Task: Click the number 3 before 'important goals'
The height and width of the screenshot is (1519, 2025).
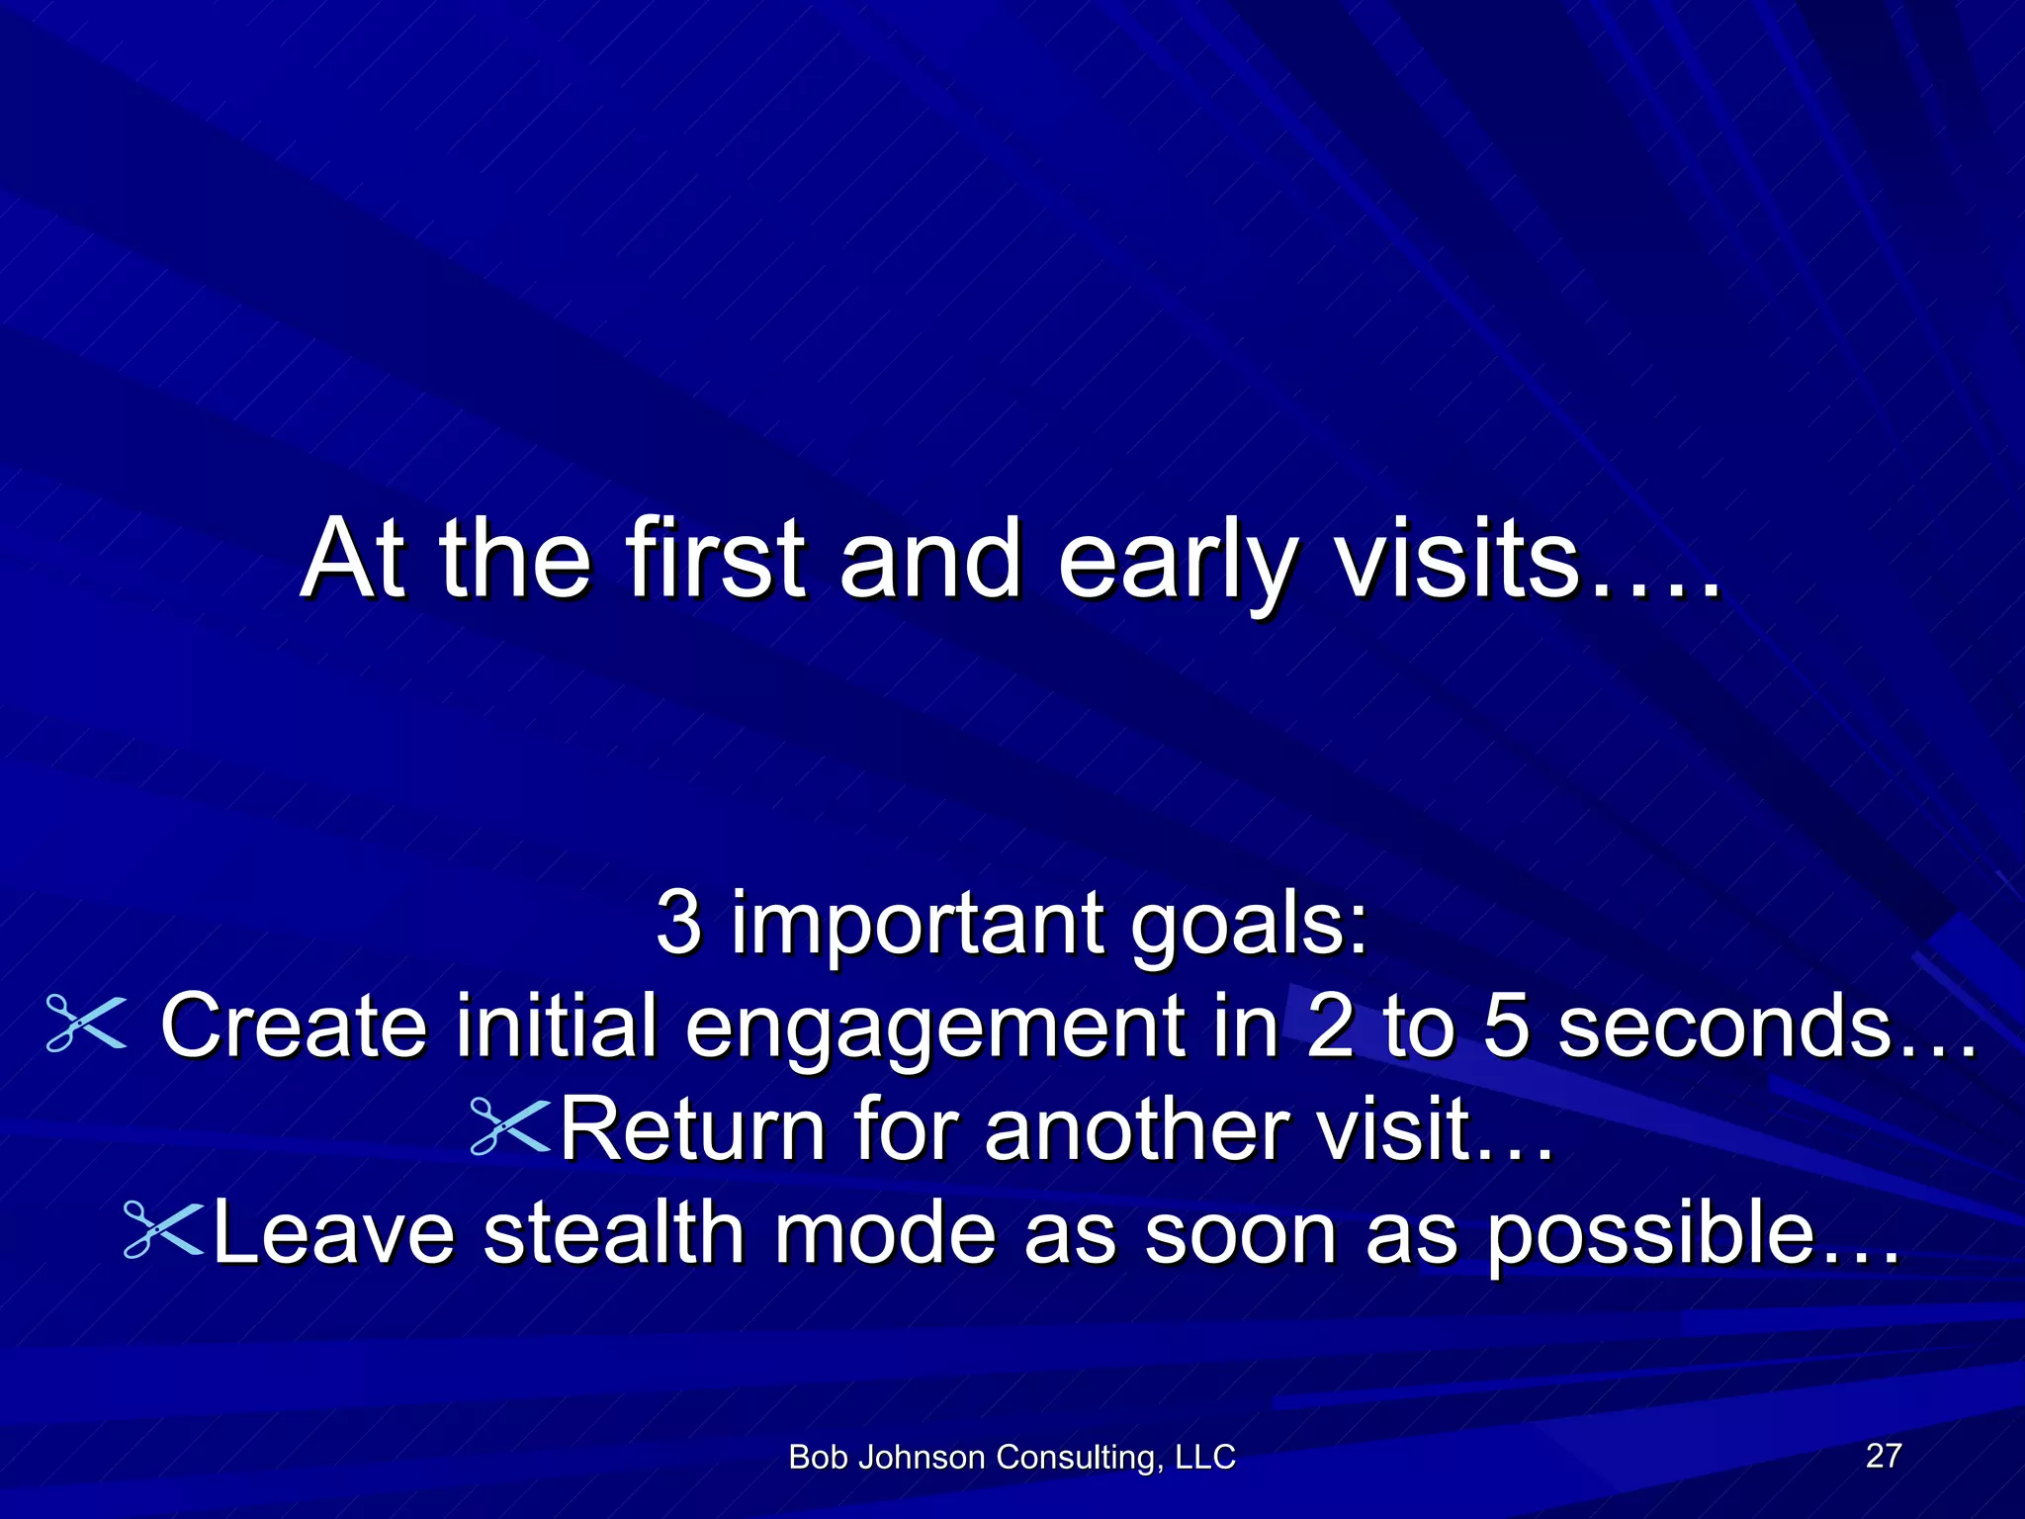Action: click(679, 922)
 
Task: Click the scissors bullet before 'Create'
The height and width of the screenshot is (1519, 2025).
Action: click(87, 1024)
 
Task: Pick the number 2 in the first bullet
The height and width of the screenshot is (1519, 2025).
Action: click(1330, 1025)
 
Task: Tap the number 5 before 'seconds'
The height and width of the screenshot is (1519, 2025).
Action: click(1506, 1025)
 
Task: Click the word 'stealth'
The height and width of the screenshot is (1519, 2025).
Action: click(614, 1231)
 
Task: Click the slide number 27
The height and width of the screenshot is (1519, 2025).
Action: click(1883, 1455)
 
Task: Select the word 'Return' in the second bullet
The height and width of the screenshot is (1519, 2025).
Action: click(693, 1128)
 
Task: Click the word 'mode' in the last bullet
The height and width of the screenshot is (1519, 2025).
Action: click(884, 1231)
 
